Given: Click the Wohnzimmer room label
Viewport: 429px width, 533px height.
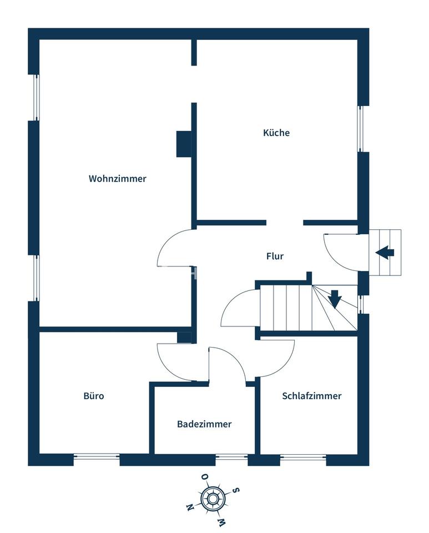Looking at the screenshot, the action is click(118, 178).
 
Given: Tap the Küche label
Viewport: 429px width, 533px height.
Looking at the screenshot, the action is click(276, 132).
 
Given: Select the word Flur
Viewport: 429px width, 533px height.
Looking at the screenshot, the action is click(275, 255).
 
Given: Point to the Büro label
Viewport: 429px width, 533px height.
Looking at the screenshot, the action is click(94, 396).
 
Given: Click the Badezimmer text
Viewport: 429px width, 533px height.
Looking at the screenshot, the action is click(204, 424).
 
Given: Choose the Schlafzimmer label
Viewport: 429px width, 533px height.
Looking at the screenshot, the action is click(311, 396).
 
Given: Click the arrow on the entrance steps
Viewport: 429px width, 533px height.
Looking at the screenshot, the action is click(385, 253).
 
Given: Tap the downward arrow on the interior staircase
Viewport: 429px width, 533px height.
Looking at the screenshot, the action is click(335, 299).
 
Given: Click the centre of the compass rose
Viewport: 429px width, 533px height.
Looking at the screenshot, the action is click(213, 499).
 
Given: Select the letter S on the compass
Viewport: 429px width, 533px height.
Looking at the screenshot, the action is click(236, 490).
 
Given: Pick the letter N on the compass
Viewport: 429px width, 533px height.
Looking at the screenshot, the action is click(189, 508).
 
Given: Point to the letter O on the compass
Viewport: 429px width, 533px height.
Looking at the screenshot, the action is click(205, 477).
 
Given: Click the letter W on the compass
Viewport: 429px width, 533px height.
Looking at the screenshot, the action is click(221, 521).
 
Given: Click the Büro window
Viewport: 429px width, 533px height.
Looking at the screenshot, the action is click(97, 456).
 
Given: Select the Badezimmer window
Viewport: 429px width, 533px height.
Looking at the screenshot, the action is click(231, 456).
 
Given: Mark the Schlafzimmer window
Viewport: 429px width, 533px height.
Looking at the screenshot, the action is click(304, 456).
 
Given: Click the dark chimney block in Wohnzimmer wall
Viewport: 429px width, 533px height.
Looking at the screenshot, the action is click(184, 144).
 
